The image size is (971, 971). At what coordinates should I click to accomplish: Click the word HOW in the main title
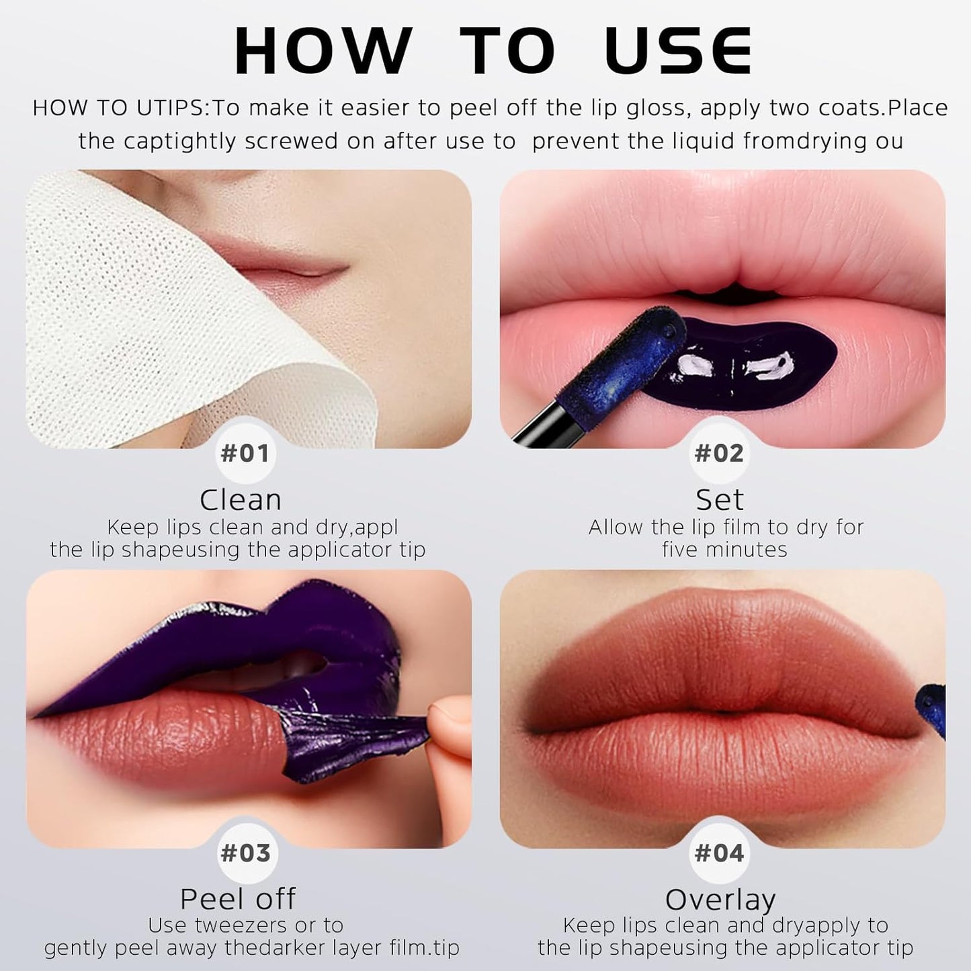323,51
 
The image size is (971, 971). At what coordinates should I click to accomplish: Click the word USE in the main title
679,51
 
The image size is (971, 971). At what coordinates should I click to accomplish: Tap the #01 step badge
245,454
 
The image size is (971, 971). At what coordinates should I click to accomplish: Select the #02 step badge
719,454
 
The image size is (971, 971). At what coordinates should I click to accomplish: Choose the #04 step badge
719,853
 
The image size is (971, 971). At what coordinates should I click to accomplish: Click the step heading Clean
241,500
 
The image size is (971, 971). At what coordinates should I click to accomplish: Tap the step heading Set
720,500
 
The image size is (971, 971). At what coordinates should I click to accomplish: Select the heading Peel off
238,899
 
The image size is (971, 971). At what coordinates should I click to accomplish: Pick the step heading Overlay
720,899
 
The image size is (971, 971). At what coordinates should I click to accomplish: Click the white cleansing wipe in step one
134,302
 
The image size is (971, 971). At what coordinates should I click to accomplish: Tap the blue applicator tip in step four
934,712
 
